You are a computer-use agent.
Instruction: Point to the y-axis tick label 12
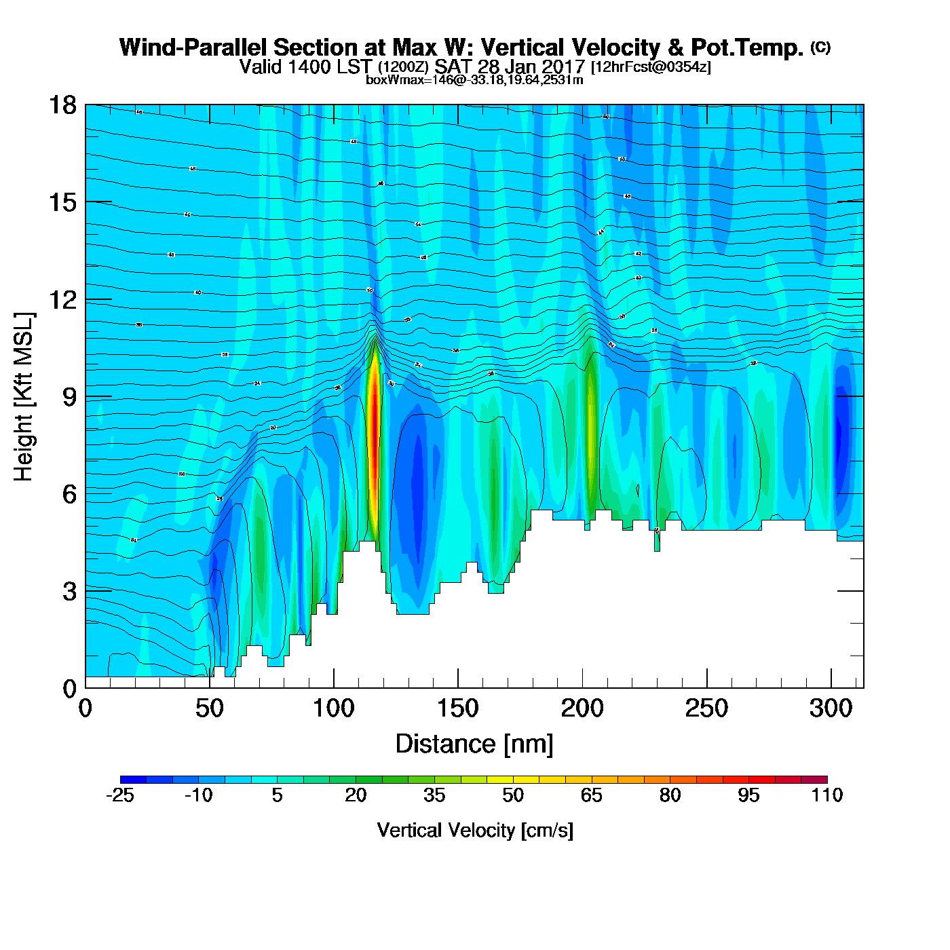[62, 299]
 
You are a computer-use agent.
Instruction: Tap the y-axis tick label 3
[70, 591]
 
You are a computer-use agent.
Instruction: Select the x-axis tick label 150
[457, 708]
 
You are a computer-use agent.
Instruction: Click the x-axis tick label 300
[831, 708]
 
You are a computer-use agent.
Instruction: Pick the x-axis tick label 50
[209, 708]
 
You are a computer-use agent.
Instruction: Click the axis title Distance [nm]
[474, 744]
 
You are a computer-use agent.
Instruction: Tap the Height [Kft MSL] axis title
[24, 397]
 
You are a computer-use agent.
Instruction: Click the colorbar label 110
[826, 795]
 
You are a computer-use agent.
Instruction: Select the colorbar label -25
[120, 795]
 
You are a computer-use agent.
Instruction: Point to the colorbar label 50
[513, 795]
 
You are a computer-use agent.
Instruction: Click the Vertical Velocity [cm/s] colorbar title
[475, 830]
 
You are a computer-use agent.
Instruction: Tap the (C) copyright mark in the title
[820, 47]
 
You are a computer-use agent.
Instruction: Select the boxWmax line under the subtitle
[474, 80]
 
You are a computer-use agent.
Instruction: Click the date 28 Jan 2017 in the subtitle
[531, 66]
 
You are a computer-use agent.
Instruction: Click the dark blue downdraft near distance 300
[841, 434]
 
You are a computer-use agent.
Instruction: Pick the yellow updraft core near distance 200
[591, 434]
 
